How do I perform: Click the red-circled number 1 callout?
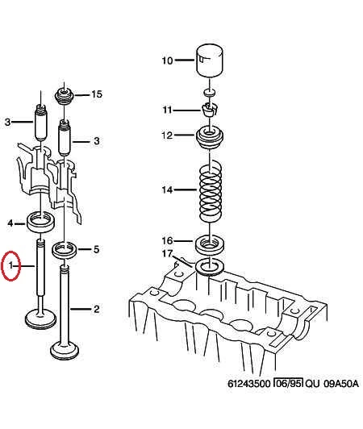(x=10, y=265)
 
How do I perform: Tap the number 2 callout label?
(x=96, y=309)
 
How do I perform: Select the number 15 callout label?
(x=97, y=94)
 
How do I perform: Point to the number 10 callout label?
(x=167, y=60)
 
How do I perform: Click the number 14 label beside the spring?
(x=167, y=190)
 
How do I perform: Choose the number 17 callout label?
(x=167, y=254)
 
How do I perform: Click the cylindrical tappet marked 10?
(x=210, y=60)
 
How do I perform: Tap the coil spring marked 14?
(x=210, y=192)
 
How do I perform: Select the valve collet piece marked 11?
(x=210, y=110)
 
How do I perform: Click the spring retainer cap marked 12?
(x=210, y=137)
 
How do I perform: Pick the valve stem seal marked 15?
(x=65, y=96)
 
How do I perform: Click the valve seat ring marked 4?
(x=41, y=222)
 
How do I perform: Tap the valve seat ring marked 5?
(x=65, y=250)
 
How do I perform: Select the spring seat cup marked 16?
(x=210, y=243)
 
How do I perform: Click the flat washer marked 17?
(x=210, y=266)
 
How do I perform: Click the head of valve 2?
(x=65, y=350)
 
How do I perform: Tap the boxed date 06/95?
(x=289, y=383)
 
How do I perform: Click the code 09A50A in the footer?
(x=341, y=384)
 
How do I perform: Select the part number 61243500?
(x=248, y=384)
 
